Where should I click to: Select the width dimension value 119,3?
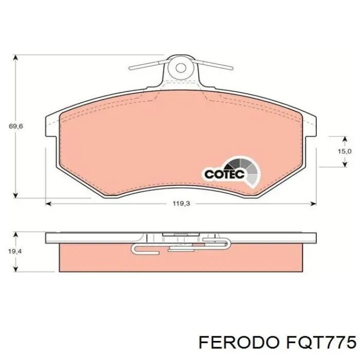click(181, 204)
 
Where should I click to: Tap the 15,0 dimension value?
click(344, 151)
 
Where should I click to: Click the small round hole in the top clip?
click(180, 67)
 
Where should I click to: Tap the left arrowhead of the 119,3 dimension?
click(48, 204)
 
